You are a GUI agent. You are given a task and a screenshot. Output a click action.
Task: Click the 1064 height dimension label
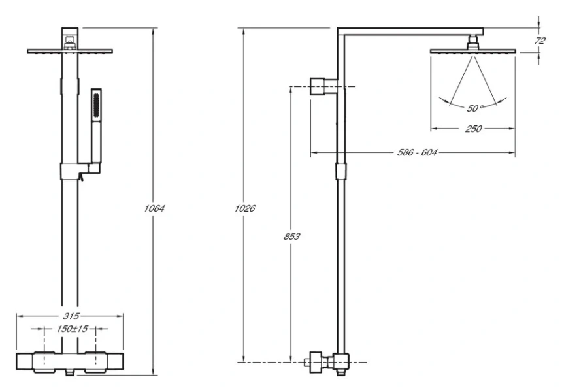154,208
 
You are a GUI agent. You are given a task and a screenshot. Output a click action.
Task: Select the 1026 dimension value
245,208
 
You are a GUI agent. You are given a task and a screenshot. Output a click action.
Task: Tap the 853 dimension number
291,237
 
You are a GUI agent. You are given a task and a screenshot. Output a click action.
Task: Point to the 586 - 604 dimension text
417,153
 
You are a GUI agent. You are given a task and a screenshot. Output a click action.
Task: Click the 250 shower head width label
473,129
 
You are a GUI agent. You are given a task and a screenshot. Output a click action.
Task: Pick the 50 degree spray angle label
474,108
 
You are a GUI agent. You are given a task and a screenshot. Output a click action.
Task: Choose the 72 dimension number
539,41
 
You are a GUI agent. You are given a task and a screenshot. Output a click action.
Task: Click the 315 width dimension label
71,316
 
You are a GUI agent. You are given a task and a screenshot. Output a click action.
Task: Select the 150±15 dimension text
72,329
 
